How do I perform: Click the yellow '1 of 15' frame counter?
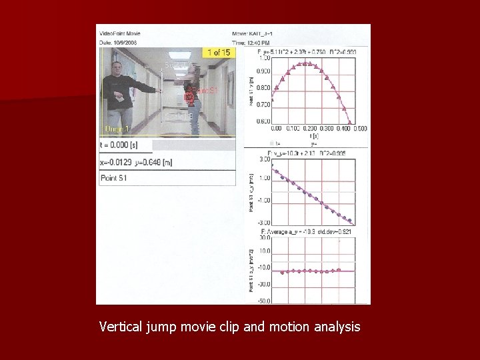tap(218, 53)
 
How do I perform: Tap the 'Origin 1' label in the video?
tap(118, 129)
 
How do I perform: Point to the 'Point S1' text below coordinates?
tap(114, 178)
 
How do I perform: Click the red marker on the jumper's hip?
tap(189, 97)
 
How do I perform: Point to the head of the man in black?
tap(117, 67)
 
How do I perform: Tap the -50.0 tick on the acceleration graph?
tap(263, 301)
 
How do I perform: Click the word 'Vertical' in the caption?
tap(121, 327)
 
